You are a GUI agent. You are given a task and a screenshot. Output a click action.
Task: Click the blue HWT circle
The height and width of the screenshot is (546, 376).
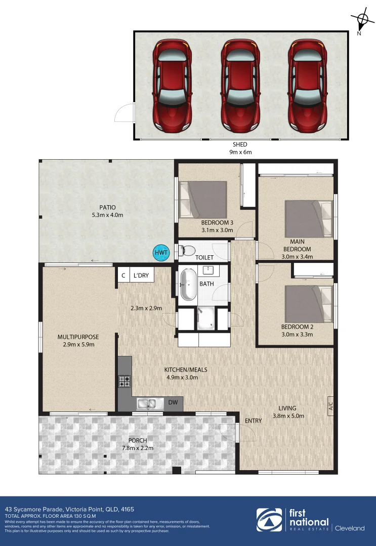pos(161,253)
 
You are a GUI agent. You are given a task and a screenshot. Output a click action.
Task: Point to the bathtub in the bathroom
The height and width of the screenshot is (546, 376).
pos(188,284)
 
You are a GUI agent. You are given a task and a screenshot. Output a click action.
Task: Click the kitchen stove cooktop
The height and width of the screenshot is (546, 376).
pos(124,381)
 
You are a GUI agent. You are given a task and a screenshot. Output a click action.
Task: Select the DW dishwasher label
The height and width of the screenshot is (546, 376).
pos(173,403)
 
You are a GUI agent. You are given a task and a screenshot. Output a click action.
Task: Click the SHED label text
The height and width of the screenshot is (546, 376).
pos(241,145)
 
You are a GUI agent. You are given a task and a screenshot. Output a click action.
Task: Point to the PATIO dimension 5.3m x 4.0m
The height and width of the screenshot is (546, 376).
pos(107,215)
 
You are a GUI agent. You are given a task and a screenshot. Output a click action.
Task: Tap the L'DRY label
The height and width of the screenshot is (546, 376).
pos(141,276)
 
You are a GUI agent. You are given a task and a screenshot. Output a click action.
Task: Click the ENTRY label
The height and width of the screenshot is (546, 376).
pos(253,421)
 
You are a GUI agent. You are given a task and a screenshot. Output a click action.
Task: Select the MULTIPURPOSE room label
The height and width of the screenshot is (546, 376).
pos(78,337)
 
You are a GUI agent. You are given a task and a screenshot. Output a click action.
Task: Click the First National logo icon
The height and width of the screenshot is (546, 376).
pos(269,521)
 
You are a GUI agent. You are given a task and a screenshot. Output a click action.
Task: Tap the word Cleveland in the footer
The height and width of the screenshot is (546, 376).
pos(350,528)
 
